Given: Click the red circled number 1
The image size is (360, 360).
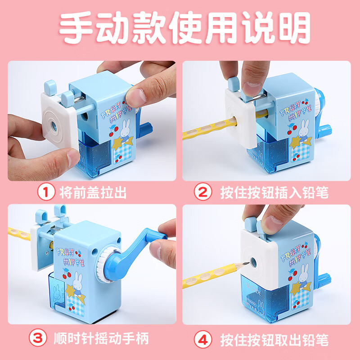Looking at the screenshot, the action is [x=46, y=192].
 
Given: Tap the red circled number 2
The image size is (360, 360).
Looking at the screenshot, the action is [x=203, y=192].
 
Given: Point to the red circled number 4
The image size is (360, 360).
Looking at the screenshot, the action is [x=203, y=340].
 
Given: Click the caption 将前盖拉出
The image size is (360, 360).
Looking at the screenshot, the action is [x=93, y=193].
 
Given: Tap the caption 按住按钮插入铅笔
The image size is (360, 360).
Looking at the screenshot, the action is [x=274, y=193].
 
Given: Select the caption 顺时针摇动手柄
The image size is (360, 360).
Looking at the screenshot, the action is [x=101, y=338].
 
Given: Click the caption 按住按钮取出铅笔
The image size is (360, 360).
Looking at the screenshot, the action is [x=274, y=340].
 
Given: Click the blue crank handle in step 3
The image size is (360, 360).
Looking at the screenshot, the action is [x=134, y=252].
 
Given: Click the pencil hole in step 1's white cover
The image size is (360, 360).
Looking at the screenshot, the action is [x=54, y=126].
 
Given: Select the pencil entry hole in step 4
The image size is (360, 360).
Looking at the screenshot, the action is [x=253, y=261].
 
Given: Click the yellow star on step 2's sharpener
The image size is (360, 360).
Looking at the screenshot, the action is [x=295, y=142].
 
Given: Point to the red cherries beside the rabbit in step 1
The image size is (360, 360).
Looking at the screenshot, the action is [x=113, y=130].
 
